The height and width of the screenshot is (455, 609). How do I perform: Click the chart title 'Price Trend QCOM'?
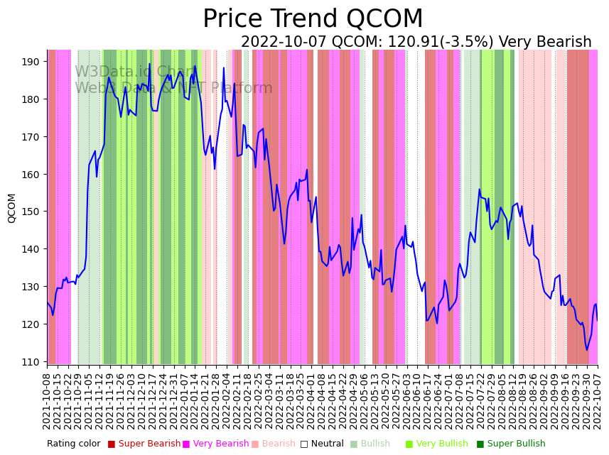tap(313, 19)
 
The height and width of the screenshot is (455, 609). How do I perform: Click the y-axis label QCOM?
tap(11, 208)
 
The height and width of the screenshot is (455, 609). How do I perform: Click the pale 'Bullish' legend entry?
tap(375, 444)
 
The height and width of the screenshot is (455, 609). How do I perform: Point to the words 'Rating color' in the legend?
tap(74, 444)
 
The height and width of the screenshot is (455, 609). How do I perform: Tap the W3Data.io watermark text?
tap(135, 72)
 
